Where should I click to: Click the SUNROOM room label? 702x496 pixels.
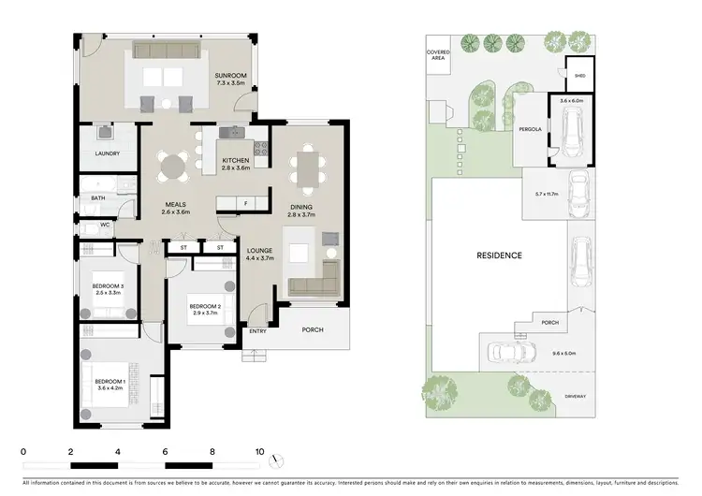click(230, 77)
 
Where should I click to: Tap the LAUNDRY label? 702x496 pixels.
click(106, 153)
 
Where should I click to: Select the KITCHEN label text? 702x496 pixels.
click(235, 161)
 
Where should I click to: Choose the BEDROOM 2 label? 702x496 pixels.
click(204, 306)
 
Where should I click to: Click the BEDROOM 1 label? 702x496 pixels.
click(110, 381)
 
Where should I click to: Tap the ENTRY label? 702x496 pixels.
click(257, 331)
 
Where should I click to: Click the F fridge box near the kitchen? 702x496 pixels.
click(245, 202)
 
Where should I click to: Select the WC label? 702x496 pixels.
click(105, 225)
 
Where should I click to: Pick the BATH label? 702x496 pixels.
click(98, 198)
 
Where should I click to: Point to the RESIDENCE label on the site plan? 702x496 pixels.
click(498, 255)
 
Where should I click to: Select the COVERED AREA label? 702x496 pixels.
click(438, 55)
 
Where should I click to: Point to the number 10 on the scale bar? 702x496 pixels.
click(259, 451)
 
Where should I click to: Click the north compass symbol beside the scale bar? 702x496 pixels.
click(275, 460)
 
